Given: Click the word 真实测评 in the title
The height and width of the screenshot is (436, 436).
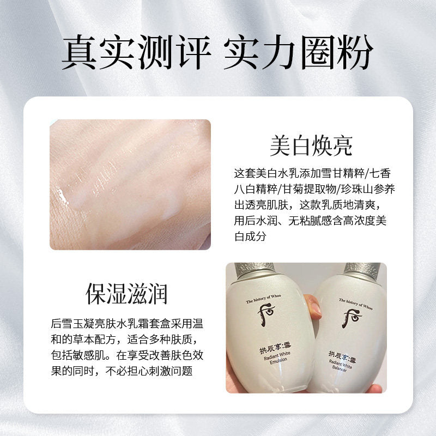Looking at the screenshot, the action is click(136, 52).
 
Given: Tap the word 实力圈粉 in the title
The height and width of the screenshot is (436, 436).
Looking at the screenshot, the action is click(299, 52).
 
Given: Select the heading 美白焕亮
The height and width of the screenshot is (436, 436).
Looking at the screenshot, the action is click(311, 146).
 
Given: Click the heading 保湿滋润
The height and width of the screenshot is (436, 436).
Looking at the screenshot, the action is click(126, 294).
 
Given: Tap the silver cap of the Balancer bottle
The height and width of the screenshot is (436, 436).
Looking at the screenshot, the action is click(362, 270).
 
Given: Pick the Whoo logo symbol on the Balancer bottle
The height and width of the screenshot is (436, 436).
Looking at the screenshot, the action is click(352, 319).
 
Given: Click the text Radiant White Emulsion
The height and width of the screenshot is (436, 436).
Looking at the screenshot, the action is click(277, 358).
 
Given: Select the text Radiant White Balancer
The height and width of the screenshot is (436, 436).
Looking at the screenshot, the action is click(340, 366).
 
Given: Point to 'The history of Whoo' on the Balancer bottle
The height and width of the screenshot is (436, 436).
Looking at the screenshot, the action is click(356, 304).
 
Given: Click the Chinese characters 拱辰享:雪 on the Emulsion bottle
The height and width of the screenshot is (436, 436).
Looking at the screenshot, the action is click(275, 348).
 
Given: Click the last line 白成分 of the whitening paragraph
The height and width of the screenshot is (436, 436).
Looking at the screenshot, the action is click(250, 237).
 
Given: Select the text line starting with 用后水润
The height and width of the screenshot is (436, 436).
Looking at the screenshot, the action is click(310, 221).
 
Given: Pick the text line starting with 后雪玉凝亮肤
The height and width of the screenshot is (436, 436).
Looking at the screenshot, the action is click(127, 324).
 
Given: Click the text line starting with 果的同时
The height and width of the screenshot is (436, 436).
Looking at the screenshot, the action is click(122, 371).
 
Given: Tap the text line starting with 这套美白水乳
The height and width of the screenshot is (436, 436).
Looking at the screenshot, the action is click(312, 173).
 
